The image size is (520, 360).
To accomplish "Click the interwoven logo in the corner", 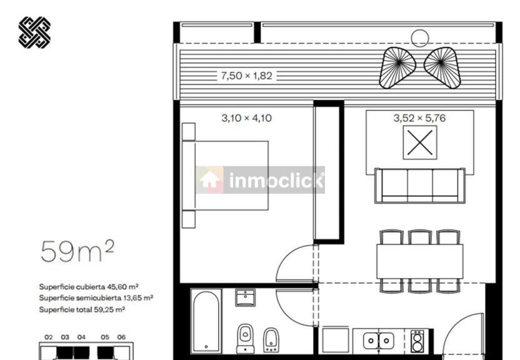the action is [34, 32].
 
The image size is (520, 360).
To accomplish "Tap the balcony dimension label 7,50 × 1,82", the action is [246, 76].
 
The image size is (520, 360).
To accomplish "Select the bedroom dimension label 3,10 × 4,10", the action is [246, 118].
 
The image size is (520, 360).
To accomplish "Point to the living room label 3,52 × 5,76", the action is [419, 118].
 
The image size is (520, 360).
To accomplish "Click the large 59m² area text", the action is [77, 251].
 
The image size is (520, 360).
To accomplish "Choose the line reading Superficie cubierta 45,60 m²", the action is [89, 287].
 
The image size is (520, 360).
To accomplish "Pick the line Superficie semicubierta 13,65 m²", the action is [96, 298].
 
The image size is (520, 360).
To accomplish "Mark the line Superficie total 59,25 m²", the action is [82, 309].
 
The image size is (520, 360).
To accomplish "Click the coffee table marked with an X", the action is [420, 142].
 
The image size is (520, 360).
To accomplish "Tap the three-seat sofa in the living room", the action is [420, 186].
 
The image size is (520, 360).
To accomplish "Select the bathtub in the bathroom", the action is [206, 321].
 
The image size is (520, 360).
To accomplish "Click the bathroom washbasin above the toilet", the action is [246, 297].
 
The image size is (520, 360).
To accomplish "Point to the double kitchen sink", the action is [379, 341].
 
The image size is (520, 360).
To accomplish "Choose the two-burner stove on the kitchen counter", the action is [417, 341].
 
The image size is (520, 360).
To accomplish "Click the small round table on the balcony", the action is [420, 38].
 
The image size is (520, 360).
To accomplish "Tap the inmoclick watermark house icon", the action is [209, 180].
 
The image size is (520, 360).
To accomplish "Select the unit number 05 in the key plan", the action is [105, 337].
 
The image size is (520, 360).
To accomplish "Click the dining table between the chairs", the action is [420, 261].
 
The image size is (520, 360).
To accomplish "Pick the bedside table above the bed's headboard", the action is [189, 132].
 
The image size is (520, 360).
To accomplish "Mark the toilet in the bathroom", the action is [246, 339].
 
